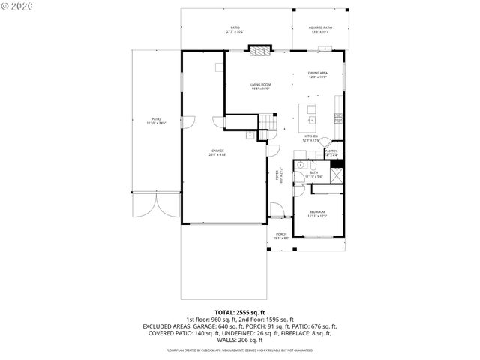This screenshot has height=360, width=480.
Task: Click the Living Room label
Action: tap(260, 84)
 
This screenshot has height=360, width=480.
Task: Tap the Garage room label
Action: tap(217, 151)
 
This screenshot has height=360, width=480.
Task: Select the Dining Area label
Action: tap(317, 73)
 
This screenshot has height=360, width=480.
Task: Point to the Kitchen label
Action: tap(311, 136)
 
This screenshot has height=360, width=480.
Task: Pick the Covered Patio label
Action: tap(321, 28)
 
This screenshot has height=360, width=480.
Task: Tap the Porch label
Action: tap(281, 234)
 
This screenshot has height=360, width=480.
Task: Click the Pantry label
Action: tap(331, 151)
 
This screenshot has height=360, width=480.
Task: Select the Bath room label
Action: tap(314, 172)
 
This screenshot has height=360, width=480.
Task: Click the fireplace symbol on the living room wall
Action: tap(259, 51)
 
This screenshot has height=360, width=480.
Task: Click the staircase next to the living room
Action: tap(268, 122)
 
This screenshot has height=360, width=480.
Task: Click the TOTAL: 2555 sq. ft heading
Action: tap(240, 311)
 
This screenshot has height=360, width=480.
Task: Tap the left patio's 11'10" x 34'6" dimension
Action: tap(157, 122)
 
